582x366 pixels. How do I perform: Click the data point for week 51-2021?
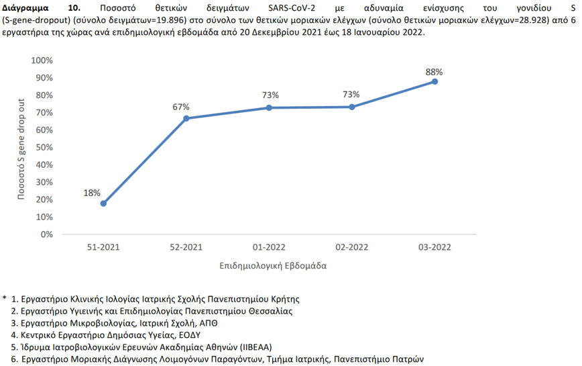point(103,203)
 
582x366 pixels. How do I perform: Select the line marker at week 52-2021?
point(186,118)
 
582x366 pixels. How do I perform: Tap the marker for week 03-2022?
point(434,81)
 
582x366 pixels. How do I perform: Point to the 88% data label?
point(434,71)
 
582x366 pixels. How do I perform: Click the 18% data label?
point(92,193)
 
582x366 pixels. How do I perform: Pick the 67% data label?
point(181,107)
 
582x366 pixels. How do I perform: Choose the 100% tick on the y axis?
point(42,60)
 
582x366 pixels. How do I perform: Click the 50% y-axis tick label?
point(45,148)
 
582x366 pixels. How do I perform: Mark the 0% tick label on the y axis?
point(48,234)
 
